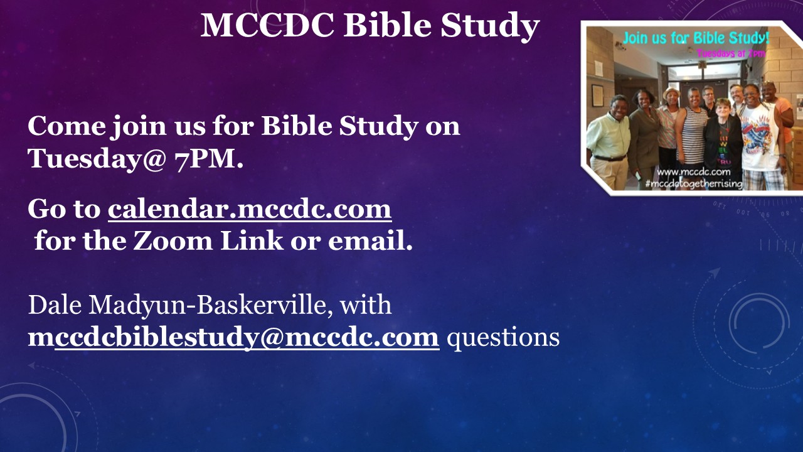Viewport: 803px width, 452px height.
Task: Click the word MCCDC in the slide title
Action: pyautogui.click(x=267, y=25)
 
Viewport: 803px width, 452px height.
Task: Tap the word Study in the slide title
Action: pyautogui.click(x=490, y=26)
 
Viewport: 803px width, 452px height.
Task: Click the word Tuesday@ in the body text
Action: pyautogui.click(x=97, y=158)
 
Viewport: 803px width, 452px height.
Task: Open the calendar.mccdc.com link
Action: pyautogui.click(x=250, y=209)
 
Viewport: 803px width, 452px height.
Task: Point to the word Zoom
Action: pyautogui.click(x=173, y=240)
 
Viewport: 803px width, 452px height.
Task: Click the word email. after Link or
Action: pyautogui.click(x=370, y=240)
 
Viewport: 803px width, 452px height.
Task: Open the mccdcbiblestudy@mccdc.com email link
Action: pyautogui.click(x=234, y=338)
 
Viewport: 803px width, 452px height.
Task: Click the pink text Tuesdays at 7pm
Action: pyautogui.click(x=731, y=54)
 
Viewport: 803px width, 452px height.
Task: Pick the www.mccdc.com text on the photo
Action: pyautogui.click(x=694, y=171)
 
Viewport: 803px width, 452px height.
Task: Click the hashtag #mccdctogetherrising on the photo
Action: pyautogui.click(x=694, y=184)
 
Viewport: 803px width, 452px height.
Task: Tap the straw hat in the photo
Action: pyautogui.click(x=671, y=93)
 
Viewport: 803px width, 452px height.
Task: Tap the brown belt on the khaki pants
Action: pyautogui.click(x=609, y=158)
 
